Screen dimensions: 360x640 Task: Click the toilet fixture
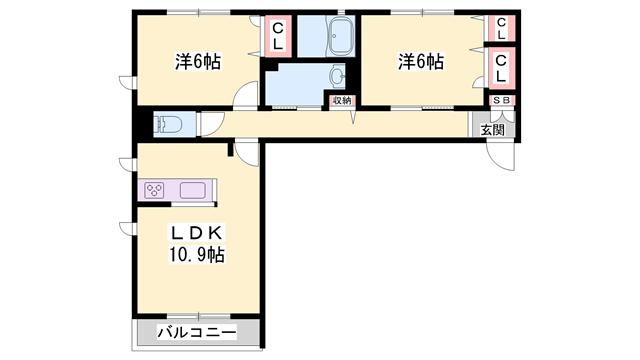(168, 124)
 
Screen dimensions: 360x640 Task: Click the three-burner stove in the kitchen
(158, 190)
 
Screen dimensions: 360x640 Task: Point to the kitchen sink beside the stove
(193, 190)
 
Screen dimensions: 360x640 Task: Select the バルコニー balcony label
(196, 333)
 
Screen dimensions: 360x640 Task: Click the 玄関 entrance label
(492, 129)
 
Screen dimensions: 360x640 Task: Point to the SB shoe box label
(502, 100)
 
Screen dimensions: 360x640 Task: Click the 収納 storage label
(342, 100)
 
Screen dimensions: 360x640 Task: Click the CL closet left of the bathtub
(277, 37)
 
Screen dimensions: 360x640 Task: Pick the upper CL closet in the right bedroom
(502, 27)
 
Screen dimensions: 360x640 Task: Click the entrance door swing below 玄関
(499, 154)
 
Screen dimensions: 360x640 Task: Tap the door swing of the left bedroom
(246, 96)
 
